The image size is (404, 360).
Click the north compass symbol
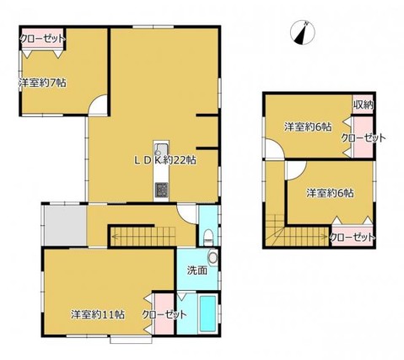[x=303, y=32]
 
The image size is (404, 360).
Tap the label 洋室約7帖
[x=43, y=83]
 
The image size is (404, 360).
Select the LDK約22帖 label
[x=164, y=160]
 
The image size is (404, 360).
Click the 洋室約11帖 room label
[x=98, y=314]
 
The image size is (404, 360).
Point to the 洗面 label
[x=197, y=271]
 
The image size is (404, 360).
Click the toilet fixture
[x=208, y=237]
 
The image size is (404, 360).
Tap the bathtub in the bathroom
[x=208, y=313]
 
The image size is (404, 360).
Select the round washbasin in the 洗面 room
[x=213, y=257]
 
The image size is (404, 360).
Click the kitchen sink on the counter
[x=161, y=149]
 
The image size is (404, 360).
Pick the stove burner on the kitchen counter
[x=161, y=190]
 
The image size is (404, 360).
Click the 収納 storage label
[x=364, y=105]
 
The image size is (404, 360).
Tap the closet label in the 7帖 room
[x=43, y=39]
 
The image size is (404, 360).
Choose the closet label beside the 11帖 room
[x=164, y=314]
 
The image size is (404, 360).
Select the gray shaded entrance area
[x=66, y=226]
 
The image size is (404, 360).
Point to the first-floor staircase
[x=144, y=237]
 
